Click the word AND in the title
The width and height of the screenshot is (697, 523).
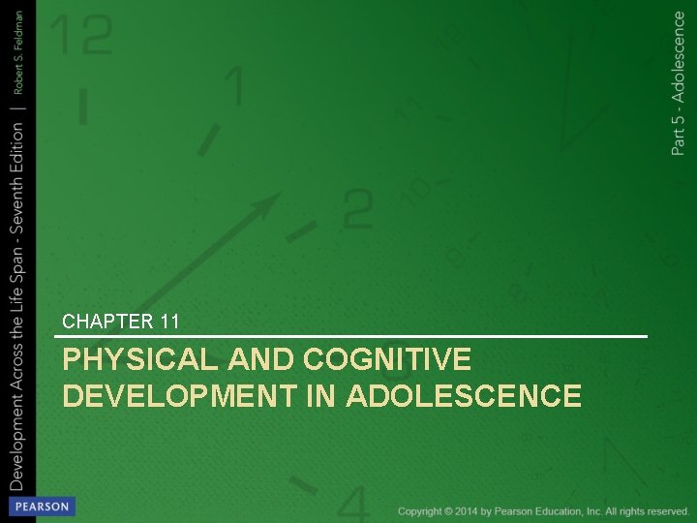click(263, 360)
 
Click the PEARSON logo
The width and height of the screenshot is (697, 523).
click(40, 507)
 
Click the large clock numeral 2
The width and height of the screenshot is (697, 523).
click(357, 207)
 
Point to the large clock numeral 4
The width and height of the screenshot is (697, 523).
click(353, 504)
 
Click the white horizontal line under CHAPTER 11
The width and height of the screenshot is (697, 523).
click(354, 336)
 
